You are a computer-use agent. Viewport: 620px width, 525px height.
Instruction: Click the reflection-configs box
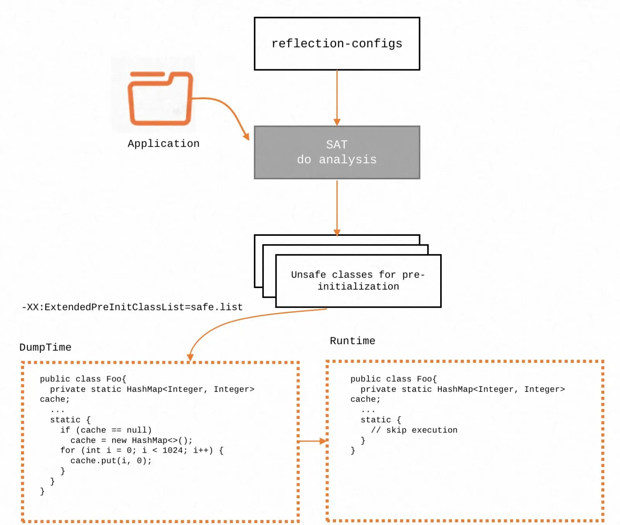click(x=337, y=44)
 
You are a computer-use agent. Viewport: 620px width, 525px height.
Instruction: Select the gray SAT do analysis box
click(x=337, y=152)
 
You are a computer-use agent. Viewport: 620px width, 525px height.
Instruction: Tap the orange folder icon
click(x=160, y=98)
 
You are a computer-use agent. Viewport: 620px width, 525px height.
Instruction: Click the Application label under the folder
click(x=164, y=144)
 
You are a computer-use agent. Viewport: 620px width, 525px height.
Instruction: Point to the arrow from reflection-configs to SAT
click(x=337, y=97)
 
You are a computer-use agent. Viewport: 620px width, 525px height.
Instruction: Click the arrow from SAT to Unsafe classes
click(x=337, y=207)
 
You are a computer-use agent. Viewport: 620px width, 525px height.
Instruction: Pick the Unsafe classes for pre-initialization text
click(x=358, y=281)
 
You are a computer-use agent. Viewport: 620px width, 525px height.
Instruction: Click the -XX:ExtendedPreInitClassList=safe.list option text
click(x=132, y=307)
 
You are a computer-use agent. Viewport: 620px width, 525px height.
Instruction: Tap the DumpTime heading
click(x=45, y=347)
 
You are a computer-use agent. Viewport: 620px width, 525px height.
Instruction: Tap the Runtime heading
click(x=352, y=341)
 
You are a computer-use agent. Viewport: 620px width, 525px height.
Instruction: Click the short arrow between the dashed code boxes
click(x=312, y=441)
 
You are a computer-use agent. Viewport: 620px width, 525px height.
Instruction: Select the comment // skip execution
click(x=414, y=430)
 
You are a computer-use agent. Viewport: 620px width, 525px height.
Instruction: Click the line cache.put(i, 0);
click(x=111, y=461)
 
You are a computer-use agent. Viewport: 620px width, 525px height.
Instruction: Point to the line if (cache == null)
click(x=106, y=430)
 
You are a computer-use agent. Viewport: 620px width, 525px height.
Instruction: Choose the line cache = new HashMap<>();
click(x=131, y=440)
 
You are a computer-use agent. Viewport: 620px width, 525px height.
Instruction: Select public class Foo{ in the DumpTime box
click(x=83, y=379)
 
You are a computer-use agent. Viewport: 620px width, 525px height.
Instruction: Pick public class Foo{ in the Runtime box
click(x=393, y=379)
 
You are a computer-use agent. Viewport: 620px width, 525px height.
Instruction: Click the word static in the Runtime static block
click(x=375, y=420)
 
